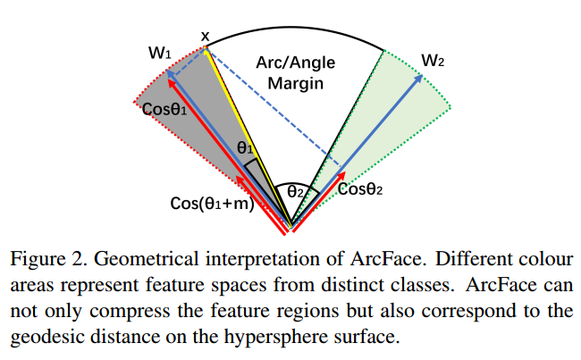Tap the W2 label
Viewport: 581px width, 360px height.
pyautogui.click(x=433, y=62)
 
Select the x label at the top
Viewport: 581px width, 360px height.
pyautogui.click(x=206, y=36)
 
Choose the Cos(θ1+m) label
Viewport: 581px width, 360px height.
pyautogui.click(x=213, y=204)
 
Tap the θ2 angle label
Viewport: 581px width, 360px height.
pyautogui.click(x=295, y=190)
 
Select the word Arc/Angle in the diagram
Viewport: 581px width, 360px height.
pyautogui.click(x=296, y=63)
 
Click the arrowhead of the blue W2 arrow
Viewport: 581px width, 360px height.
pyautogui.click(x=418, y=79)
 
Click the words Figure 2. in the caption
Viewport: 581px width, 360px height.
pyautogui.click(x=43, y=260)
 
